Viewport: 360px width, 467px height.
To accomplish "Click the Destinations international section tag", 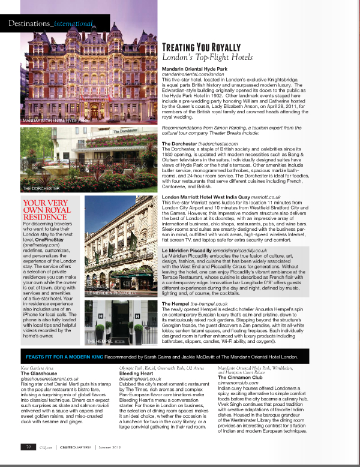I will pyautogui.click(x=51, y=24).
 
